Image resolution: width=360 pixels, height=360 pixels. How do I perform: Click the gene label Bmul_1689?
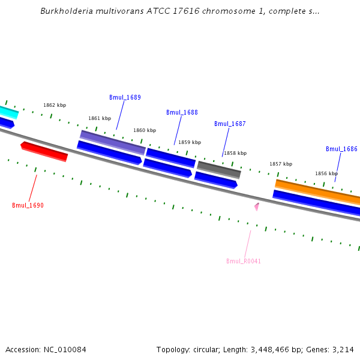(125, 97)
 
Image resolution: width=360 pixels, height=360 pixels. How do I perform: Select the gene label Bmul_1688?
(182, 112)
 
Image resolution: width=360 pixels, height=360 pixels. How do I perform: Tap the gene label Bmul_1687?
(230, 124)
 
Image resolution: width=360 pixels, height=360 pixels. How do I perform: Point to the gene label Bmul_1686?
(341, 149)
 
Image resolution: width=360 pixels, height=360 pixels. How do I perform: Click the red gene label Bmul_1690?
(28, 205)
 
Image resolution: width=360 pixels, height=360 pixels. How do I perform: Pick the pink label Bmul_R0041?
(244, 261)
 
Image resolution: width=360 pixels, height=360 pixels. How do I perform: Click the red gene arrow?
(44, 151)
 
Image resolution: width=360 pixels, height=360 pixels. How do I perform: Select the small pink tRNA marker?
(257, 206)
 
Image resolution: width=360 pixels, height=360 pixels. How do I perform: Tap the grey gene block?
(219, 169)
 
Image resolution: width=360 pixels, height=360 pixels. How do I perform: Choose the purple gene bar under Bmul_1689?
(113, 142)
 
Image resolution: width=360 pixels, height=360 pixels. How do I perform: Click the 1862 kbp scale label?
(55, 105)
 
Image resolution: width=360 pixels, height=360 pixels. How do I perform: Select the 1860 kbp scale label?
(145, 130)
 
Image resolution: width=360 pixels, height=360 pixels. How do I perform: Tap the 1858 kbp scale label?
(235, 153)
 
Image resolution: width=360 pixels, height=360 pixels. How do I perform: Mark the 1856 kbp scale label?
(326, 173)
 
